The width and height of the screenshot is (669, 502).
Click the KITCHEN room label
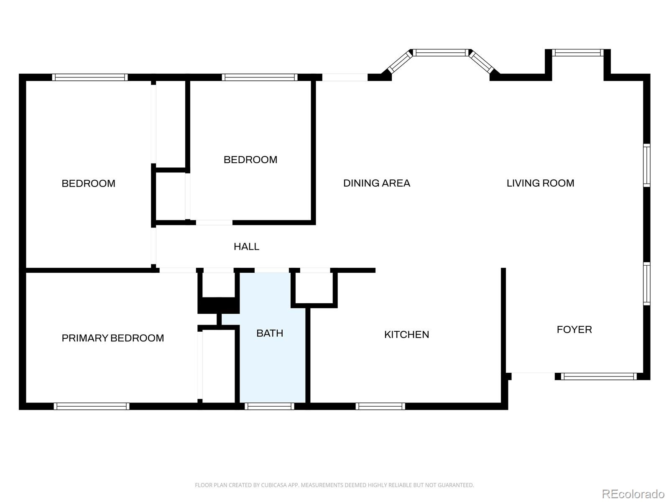pyautogui.click(x=406, y=334)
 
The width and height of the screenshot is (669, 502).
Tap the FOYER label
pyautogui.click(x=574, y=329)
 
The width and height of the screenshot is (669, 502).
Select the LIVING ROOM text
pyautogui.click(x=540, y=183)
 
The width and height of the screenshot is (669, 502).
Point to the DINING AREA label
pyautogui.click(x=377, y=183)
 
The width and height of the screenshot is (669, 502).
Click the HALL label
pyautogui.click(x=246, y=246)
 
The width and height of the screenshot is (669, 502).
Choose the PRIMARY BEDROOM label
pyautogui.click(x=113, y=338)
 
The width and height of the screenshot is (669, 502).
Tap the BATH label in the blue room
pyautogui.click(x=270, y=333)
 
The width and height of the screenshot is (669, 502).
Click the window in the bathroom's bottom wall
pyautogui.click(x=269, y=406)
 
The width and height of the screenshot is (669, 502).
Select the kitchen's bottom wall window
pyautogui.click(x=380, y=406)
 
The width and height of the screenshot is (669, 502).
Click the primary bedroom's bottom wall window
pyautogui.click(x=92, y=406)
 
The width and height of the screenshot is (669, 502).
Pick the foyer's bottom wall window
pyautogui.click(x=599, y=376)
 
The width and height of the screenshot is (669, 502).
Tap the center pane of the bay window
pyautogui.click(x=440, y=53)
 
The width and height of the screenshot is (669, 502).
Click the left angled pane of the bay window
pyautogui.click(x=400, y=62)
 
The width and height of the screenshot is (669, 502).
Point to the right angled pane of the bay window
pyautogui.click(x=481, y=62)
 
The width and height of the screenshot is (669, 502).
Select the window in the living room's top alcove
pyautogui.click(x=577, y=53)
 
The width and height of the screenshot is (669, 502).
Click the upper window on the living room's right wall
pyautogui.click(x=646, y=165)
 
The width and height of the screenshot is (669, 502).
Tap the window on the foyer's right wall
pyautogui.click(x=646, y=284)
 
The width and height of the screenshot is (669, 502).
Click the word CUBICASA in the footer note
pyautogui.click(x=272, y=485)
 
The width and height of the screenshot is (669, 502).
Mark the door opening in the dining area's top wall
pyautogui.click(x=345, y=77)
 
